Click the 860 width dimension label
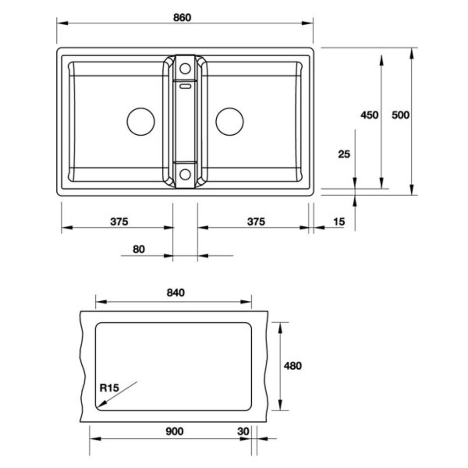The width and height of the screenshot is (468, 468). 182,18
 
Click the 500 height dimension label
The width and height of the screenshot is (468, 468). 400,115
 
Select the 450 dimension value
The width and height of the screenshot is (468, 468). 369,115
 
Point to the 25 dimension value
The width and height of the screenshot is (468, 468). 344,154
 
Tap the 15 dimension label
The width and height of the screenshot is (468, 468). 339,222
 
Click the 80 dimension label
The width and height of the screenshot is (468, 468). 138,250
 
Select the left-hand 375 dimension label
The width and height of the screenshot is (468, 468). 119,222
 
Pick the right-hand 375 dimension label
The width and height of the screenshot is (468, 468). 256,222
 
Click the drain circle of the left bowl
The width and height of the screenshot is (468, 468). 141,122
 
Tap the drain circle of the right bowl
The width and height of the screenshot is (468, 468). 229,122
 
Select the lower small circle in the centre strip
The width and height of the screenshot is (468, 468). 185,174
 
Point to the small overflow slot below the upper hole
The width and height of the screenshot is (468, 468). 185,85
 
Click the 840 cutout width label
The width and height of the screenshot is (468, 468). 175,293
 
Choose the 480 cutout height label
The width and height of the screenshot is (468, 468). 292,366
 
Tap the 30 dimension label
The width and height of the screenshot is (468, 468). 243,431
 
